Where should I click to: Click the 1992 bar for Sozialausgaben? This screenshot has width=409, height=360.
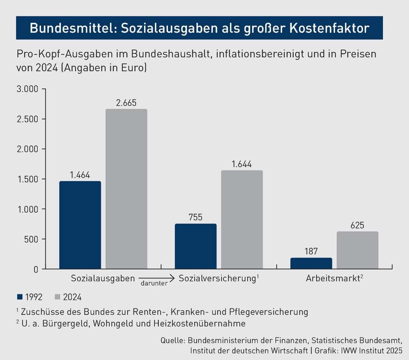[80, 225]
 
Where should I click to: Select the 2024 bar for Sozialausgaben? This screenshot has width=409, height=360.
[126, 189]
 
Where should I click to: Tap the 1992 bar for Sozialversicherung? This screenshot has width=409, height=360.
[195, 246]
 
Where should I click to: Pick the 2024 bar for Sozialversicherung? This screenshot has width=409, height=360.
[242, 220]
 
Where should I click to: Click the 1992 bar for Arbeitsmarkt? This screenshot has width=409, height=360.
[311, 263]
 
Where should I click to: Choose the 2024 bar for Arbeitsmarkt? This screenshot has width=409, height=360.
[357, 250]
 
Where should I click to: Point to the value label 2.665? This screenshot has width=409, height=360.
[126, 103]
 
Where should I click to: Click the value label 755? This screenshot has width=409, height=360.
[195, 217]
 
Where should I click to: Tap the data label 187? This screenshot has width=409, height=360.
[311, 251]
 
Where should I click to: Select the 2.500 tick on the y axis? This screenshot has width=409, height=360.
[27, 119]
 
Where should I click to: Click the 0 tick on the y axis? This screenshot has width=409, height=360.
[36, 269]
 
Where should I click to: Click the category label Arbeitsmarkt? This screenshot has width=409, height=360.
[333, 279]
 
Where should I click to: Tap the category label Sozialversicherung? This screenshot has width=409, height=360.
[217, 279]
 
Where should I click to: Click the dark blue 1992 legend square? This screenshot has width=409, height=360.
[20, 297]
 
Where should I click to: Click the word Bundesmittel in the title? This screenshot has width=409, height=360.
[68, 28]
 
